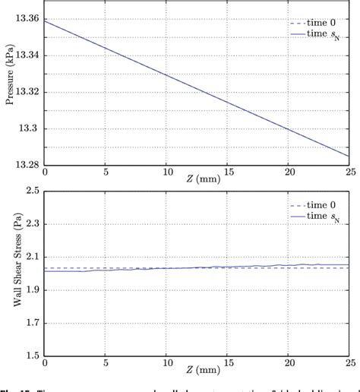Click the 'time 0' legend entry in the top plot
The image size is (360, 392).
[317, 22]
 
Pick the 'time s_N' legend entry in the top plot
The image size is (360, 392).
[319, 36]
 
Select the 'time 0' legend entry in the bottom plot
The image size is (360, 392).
[317, 205]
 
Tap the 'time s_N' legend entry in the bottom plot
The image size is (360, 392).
[319, 218]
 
